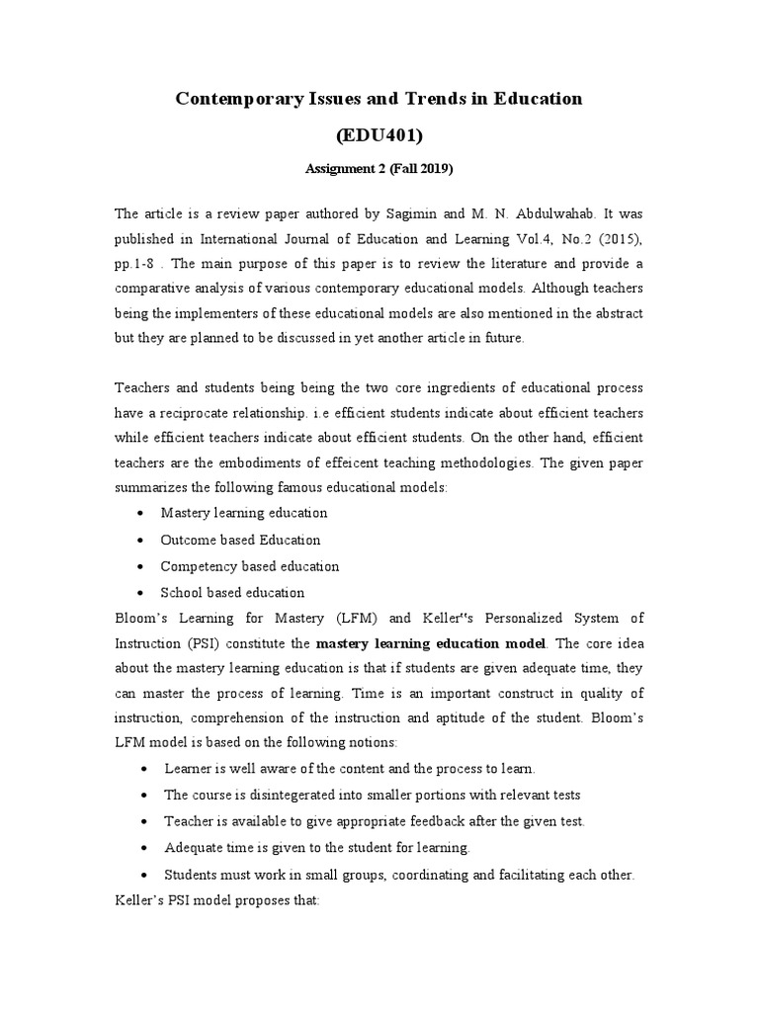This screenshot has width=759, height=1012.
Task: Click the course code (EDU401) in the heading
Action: pyautogui.click(x=379, y=135)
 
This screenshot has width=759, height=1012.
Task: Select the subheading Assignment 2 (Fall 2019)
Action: pyautogui.click(x=379, y=169)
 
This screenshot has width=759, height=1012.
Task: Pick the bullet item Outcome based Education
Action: pyautogui.click(x=240, y=540)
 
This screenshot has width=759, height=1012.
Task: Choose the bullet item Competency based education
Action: pyautogui.click(x=250, y=566)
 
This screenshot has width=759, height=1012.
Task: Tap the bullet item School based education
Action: pyautogui.click(x=232, y=593)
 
